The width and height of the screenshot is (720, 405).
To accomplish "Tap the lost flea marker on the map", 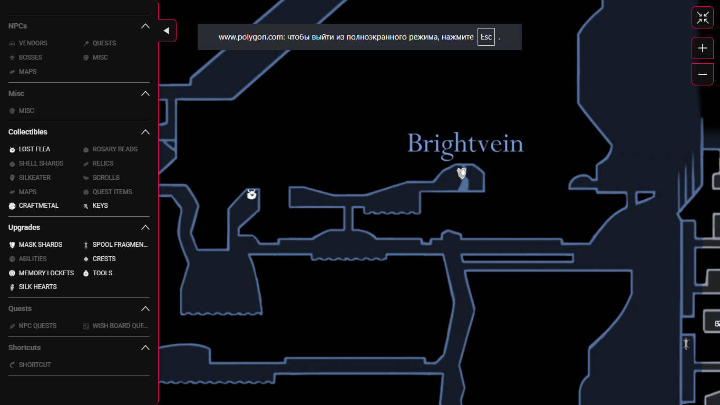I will pyautogui.click(x=252, y=195).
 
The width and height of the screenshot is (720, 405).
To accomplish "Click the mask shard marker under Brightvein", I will pyautogui.click(x=462, y=173).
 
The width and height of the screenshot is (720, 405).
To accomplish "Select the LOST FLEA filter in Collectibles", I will pyautogui.click(x=34, y=149).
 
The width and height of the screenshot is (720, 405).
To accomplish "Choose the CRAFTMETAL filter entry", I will pyautogui.click(x=38, y=206).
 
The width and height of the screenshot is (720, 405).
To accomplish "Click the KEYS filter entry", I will pyautogui.click(x=100, y=206).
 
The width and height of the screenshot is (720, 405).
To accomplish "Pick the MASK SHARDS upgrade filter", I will pyautogui.click(x=40, y=245).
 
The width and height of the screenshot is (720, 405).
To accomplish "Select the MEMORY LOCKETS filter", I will pyautogui.click(x=46, y=273).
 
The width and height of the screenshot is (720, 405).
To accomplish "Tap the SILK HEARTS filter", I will pyautogui.click(x=37, y=287).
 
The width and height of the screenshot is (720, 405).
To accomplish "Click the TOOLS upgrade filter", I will pyautogui.click(x=102, y=273).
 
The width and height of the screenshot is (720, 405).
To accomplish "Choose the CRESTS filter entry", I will pyautogui.click(x=104, y=259).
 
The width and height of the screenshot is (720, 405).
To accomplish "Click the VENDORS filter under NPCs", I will pyautogui.click(x=33, y=43).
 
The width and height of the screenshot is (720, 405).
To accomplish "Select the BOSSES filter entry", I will pyautogui.click(x=30, y=57).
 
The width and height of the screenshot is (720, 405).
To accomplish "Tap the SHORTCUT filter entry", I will pyautogui.click(x=34, y=365).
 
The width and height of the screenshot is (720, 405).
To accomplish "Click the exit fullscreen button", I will pyautogui.click(x=702, y=17).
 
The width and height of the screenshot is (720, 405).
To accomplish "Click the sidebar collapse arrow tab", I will pyautogui.click(x=167, y=31).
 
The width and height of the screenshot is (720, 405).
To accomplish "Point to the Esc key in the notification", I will pyautogui.click(x=486, y=37).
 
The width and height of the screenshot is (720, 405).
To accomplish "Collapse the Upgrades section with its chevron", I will pyautogui.click(x=145, y=228).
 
